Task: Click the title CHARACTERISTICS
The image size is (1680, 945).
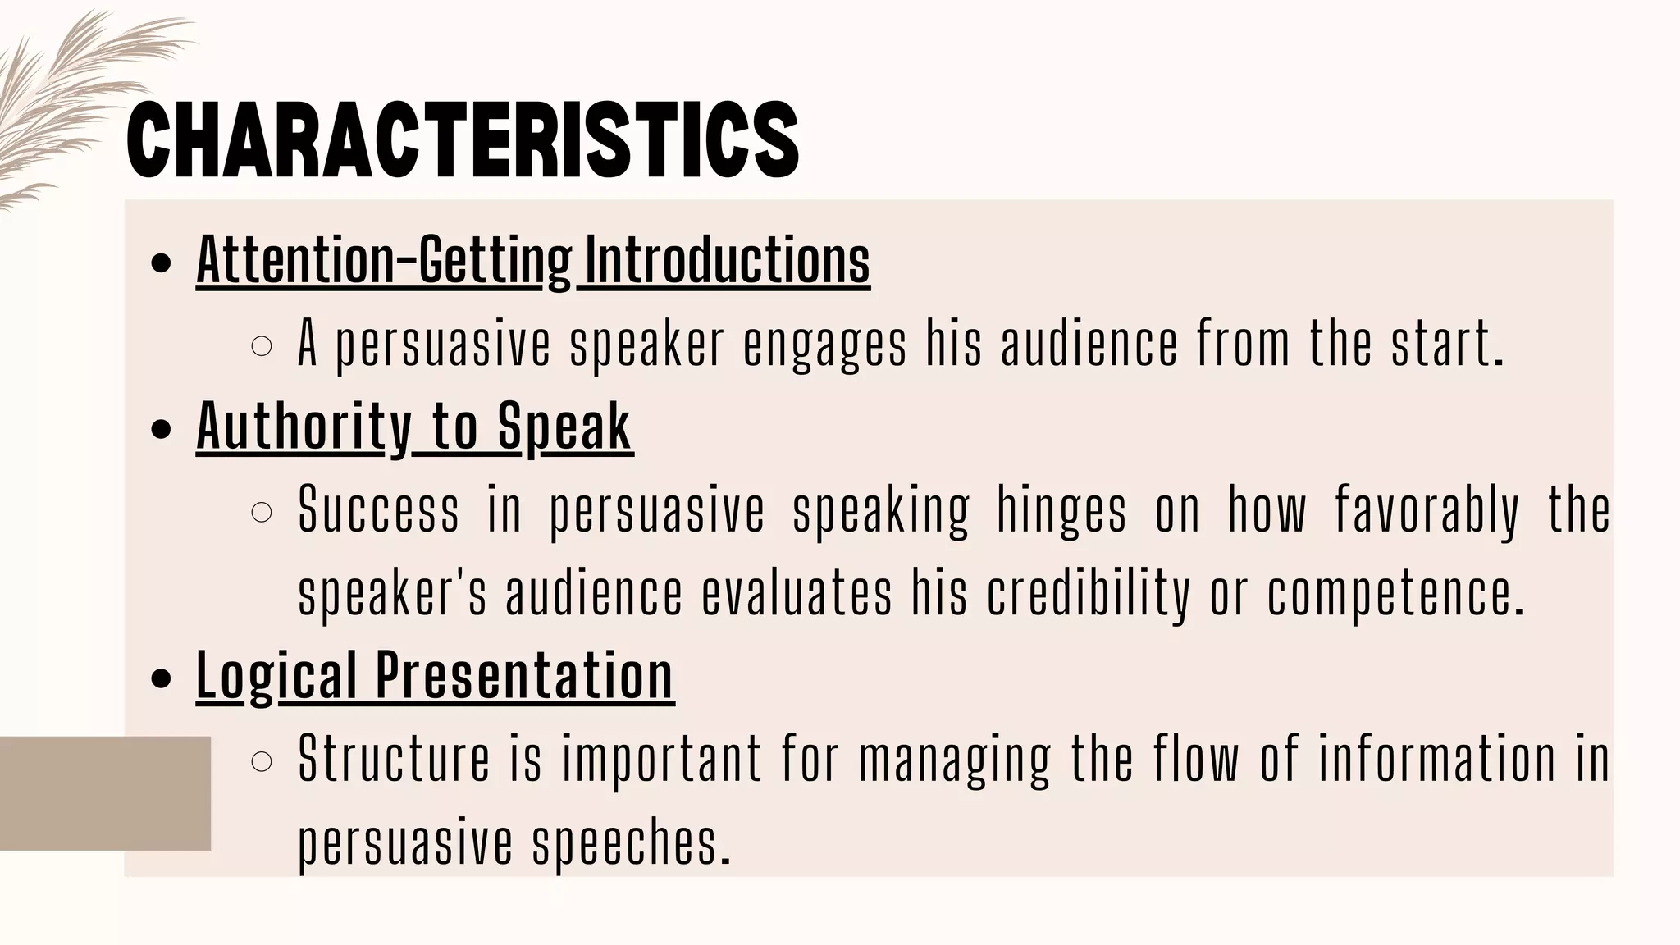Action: point(463,139)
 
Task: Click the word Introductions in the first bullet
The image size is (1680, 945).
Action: point(727,260)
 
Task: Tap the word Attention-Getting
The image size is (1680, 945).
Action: point(384,260)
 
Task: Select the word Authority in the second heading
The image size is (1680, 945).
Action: point(304,427)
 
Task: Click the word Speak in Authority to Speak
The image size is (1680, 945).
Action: point(564,427)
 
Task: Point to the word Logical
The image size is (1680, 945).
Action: point(276,676)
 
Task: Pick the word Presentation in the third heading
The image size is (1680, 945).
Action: point(524,676)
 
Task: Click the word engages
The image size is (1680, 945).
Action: point(824,344)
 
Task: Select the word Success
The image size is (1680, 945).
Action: point(378,510)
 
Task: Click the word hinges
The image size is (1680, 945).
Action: point(1061,510)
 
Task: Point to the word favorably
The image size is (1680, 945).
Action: point(1427,510)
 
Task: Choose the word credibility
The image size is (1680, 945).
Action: point(1089,594)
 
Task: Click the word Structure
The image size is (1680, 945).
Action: point(394,760)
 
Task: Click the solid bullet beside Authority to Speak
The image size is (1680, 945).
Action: point(162,429)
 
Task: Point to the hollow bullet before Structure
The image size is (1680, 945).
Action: point(261,762)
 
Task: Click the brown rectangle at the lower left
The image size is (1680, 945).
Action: point(105,793)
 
